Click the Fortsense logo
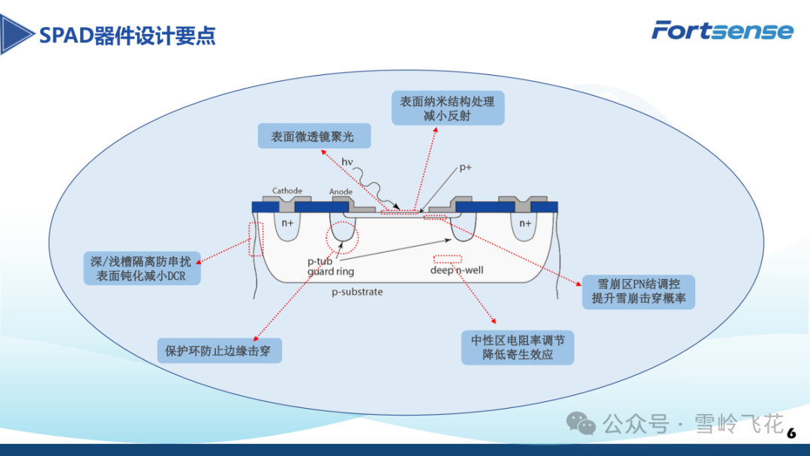(x=722, y=30)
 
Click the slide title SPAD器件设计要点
(x=127, y=35)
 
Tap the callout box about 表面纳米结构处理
(x=448, y=108)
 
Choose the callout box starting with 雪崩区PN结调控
(x=638, y=292)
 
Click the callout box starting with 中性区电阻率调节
(x=517, y=347)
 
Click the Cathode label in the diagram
(x=286, y=191)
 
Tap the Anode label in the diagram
(x=341, y=192)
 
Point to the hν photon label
(x=347, y=162)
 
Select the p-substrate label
(x=357, y=291)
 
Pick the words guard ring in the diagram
(x=331, y=271)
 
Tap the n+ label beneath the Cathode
(x=287, y=223)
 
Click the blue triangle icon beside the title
(x=16, y=34)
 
